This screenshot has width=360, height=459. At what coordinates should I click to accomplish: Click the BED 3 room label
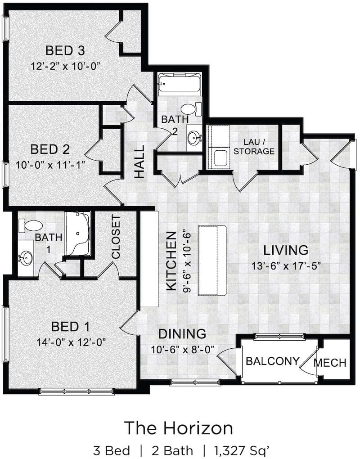coord(65,50)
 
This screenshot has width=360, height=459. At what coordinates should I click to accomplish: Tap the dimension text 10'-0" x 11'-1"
coord(50,165)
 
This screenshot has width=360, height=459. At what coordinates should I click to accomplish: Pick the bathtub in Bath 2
coord(180,85)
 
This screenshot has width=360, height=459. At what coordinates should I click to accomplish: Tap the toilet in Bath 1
coord(31,226)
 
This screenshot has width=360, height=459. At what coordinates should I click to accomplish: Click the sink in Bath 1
coord(26,258)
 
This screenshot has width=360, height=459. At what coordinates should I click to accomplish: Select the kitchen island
coord(212,261)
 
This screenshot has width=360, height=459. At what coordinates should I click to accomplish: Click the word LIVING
coord(286,250)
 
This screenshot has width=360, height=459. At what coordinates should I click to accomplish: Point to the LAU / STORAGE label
coord(254,147)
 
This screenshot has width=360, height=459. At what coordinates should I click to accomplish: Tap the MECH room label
coord(330,363)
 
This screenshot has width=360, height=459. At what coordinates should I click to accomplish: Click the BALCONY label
coord(273,361)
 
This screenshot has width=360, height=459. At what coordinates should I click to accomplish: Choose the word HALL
coord(139,162)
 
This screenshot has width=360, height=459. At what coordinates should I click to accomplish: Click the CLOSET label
coord(116,238)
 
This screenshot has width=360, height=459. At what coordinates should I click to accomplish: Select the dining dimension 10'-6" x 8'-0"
coord(183,349)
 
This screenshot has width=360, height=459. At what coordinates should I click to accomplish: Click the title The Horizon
coord(179,428)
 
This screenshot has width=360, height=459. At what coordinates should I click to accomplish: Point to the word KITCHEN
coord(171,261)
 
